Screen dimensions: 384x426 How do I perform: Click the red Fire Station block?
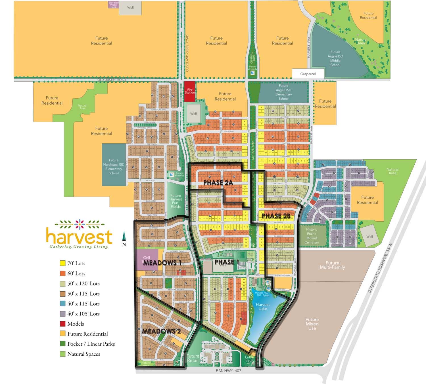click(190, 91)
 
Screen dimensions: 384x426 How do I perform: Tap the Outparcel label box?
click(308, 74)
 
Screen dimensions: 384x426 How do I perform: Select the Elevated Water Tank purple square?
click(113, 5)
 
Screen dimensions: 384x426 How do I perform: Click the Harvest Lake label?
click(263, 306)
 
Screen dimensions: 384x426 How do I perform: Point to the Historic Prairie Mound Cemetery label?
click(312, 236)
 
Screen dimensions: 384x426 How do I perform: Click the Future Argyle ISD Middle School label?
click(335, 58)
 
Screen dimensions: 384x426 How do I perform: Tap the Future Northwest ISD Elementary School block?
click(114, 167)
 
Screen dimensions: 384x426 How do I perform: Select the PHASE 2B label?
click(276, 216)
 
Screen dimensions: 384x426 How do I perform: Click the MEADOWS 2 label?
click(161, 331)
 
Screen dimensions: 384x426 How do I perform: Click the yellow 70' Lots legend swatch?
click(63, 263)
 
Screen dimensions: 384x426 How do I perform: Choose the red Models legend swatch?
click(63, 324)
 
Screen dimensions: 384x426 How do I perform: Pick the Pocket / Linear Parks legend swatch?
click(63, 344)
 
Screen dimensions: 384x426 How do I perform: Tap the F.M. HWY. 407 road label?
click(228, 370)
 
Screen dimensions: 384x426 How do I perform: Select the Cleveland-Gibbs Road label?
click(187, 53)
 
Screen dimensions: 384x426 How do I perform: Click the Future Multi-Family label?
click(332, 265)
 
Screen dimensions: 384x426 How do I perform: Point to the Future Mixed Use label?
click(312, 324)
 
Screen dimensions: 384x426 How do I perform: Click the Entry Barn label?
click(249, 359)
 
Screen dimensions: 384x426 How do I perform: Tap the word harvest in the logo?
click(79, 236)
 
